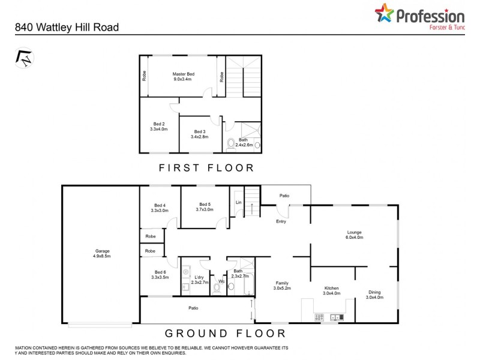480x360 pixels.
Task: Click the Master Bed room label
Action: [184, 76]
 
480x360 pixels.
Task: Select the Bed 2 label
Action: [158, 126]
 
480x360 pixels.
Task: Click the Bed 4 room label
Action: [159, 207]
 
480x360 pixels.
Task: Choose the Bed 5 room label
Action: [205, 207]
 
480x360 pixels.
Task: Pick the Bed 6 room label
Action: [159, 275]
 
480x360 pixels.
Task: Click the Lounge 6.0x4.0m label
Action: [354, 235]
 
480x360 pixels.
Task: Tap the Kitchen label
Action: [332, 290]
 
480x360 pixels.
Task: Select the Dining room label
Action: [374, 295]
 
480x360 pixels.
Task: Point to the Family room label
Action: [282, 286]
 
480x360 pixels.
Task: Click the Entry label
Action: [281, 221]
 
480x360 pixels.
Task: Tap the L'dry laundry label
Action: [199, 278]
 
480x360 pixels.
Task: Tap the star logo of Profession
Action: [385, 13]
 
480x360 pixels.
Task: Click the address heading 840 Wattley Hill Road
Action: [67, 27]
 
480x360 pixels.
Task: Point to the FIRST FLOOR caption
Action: [206, 168]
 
